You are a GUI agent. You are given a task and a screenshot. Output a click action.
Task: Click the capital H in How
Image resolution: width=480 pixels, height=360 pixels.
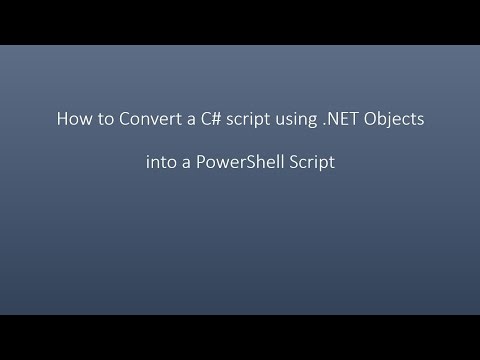tap(59, 120)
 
